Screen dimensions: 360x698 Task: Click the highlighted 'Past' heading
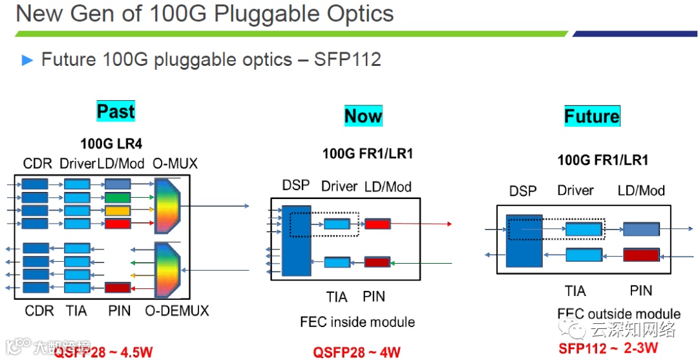[x=116, y=111]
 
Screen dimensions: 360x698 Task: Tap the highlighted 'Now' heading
[x=363, y=116]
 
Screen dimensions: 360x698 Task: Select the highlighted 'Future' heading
[x=592, y=116]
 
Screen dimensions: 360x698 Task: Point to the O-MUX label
[x=174, y=164]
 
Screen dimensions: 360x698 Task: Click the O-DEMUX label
[x=177, y=311]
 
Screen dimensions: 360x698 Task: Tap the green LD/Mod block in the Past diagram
[x=118, y=197]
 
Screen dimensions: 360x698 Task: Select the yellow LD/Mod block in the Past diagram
[x=118, y=211]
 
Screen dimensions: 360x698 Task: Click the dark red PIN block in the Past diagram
[x=118, y=288]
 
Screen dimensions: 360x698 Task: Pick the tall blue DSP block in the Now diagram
[x=296, y=239]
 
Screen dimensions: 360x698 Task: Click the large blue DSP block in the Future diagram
[x=523, y=240]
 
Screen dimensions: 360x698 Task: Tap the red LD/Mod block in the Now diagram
[x=377, y=224]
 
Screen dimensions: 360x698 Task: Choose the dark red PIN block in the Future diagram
[x=641, y=255]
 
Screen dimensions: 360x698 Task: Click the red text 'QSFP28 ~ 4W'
[x=357, y=352]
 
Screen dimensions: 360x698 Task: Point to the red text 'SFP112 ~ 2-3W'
[x=608, y=348]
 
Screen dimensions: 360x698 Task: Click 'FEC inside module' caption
[x=357, y=322]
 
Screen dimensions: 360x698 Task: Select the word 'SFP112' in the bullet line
[x=348, y=60]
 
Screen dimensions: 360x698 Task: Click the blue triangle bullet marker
[x=27, y=61]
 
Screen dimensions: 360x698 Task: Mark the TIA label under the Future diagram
[x=575, y=291]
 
